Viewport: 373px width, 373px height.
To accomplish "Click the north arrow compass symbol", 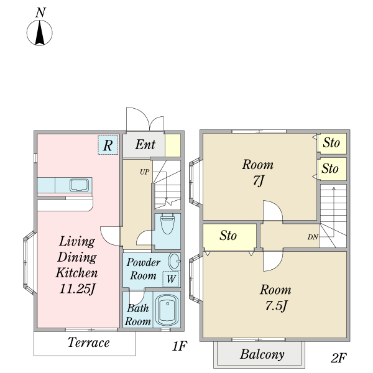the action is click(40, 33).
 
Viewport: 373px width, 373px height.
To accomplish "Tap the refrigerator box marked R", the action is click(108, 145).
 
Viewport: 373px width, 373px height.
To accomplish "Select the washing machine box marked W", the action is click(170, 279).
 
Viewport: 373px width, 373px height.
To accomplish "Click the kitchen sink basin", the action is click(79, 185).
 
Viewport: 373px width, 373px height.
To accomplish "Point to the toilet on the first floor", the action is click(167, 224).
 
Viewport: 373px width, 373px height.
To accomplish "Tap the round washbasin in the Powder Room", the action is click(174, 261).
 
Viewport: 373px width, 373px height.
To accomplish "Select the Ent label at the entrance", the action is click(145, 144).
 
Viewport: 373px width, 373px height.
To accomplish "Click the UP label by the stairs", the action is click(145, 172).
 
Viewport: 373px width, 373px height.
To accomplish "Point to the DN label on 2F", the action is click(313, 237).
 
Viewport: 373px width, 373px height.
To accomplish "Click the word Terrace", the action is click(89, 343).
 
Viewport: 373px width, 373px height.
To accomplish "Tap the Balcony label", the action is click(262, 354).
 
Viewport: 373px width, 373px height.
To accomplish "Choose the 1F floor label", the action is click(180, 346).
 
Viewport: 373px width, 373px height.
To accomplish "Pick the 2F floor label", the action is click(339, 358).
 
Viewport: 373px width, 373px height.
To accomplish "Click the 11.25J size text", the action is click(77, 289).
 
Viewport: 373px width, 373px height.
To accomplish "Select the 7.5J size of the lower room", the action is click(276, 306).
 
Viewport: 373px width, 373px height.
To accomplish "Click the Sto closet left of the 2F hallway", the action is click(229, 237).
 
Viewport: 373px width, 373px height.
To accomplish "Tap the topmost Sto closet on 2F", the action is click(332, 144).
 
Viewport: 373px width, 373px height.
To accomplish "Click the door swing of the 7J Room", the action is click(273, 211).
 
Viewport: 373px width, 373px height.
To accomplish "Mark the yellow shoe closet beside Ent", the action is click(173, 145).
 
